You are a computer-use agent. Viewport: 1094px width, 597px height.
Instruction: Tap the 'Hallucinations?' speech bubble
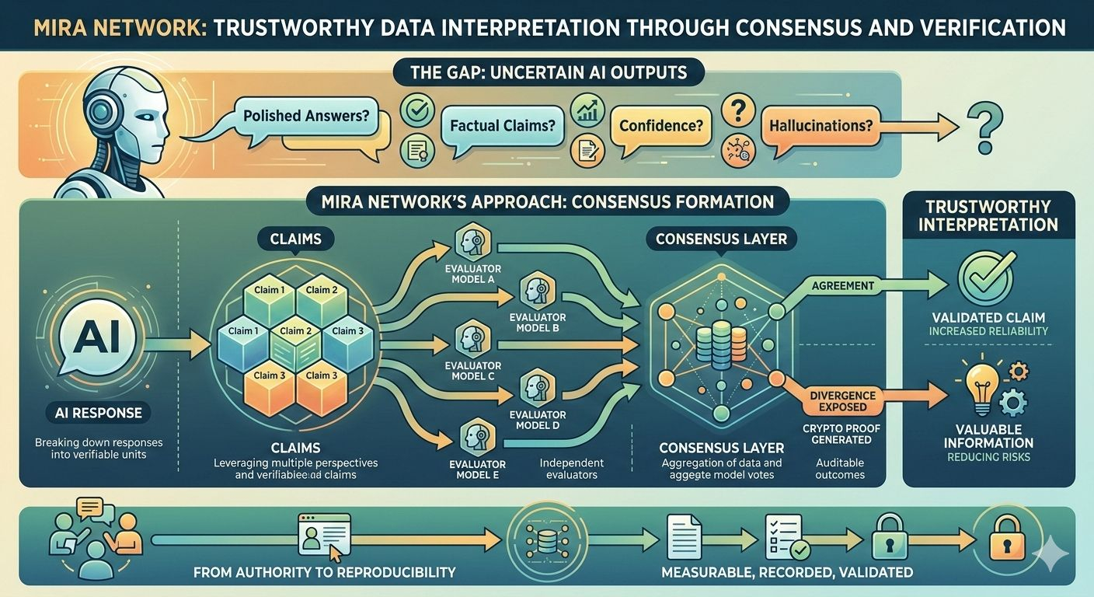(x=820, y=124)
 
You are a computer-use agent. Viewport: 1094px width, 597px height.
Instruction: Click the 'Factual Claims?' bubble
(x=503, y=124)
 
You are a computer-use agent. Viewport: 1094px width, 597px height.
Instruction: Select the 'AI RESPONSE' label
(x=94, y=412)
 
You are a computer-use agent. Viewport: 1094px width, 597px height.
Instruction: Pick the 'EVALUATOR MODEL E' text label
(x=472, y=470)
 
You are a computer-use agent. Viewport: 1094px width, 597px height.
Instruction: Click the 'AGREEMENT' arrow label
(x=843, y=285)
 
